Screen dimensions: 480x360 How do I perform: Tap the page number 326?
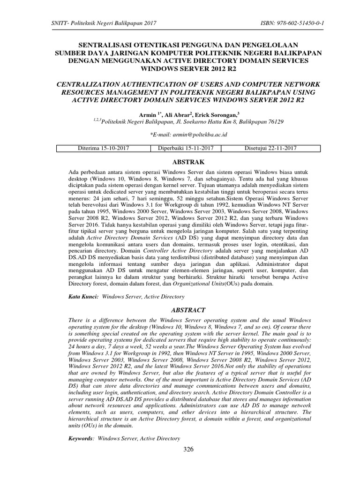coord(188,450)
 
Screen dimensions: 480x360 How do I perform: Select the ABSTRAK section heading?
coord(188,162)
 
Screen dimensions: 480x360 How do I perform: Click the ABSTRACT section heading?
coord(188,310)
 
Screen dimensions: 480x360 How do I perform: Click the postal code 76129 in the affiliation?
coord(274,121)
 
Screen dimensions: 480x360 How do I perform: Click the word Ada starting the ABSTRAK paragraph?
coord(74,172)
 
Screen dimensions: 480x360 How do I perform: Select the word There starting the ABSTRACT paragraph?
coord(76,320)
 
